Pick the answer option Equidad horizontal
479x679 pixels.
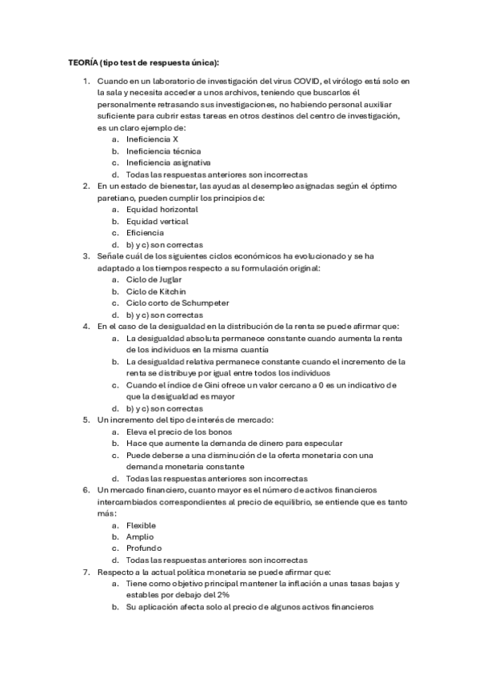[162, 209]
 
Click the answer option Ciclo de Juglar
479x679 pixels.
[154, 279]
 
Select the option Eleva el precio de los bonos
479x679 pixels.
[178, 431]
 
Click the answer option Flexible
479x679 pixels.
[142, 525]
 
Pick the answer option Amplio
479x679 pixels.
[140, 536]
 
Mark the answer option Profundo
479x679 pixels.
[144, 548]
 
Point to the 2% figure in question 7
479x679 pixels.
[222, 595]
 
